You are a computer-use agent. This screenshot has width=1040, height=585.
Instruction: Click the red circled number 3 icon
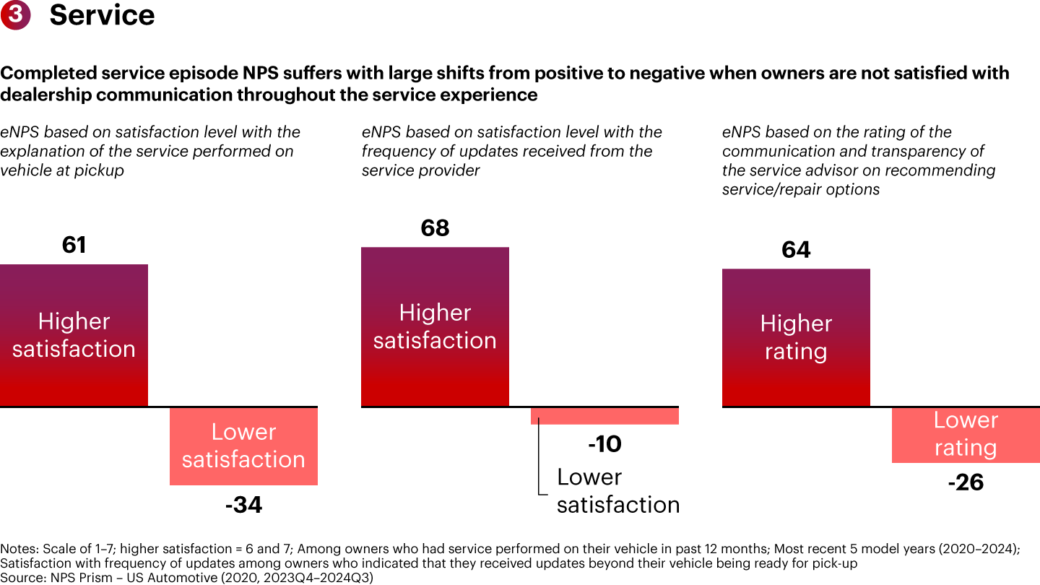coord(14,14)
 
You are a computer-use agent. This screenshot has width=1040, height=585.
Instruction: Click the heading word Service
coord(102,15)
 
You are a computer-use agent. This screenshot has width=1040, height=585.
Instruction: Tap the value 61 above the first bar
coord(74,246)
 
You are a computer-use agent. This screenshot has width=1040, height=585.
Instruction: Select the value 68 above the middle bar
coord(435,228)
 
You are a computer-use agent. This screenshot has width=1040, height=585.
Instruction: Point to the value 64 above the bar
coord(796,250)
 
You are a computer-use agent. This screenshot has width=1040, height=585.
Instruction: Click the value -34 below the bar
coord(243,505)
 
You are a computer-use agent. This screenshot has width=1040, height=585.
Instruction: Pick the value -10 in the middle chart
coord(604,444)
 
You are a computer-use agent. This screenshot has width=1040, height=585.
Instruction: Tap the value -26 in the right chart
coord(966,482)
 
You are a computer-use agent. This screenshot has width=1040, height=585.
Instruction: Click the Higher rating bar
coord(796,337)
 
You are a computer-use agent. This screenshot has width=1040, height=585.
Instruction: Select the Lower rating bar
coord(966,435)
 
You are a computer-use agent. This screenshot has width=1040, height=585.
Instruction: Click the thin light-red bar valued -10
coord(604,416)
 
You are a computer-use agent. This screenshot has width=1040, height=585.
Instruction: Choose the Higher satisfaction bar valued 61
coord(74,335)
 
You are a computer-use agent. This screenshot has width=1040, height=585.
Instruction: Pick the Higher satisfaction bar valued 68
coord(435,326)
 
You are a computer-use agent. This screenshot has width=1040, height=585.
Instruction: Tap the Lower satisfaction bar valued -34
coord(243,446)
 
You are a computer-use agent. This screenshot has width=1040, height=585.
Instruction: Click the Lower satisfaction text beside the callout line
coord(617,490)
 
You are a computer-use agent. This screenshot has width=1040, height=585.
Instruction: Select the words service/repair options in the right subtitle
coord(801,189)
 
